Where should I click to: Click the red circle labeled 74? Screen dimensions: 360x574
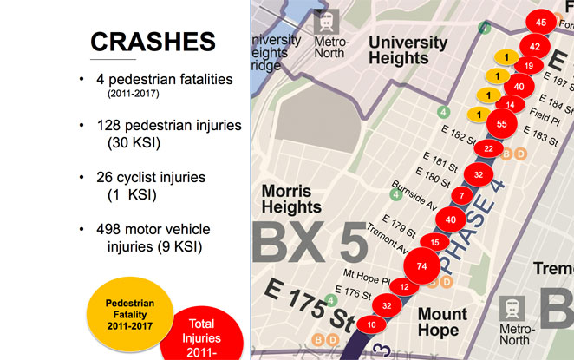coord(422,265)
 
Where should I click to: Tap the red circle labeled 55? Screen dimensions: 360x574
coord(502,124)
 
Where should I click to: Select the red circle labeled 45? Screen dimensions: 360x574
coord(541,22)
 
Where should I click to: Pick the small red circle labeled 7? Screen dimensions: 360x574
coord(462,196)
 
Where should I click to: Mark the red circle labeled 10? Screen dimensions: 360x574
coord(372,324)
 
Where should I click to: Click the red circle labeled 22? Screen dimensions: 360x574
coord(489,149)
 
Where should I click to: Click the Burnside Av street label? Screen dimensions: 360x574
coord(414,193)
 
